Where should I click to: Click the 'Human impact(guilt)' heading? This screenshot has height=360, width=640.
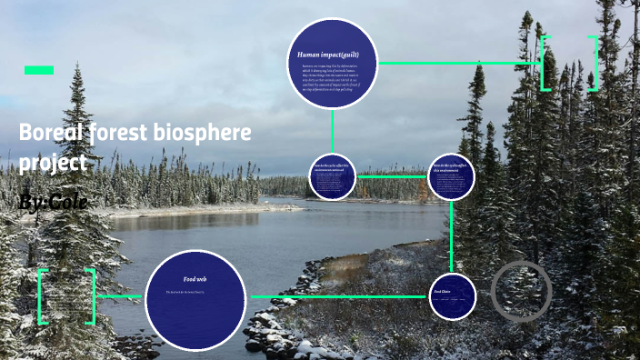tap(325, 55)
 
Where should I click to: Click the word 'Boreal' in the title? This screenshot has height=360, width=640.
tap(53, 134)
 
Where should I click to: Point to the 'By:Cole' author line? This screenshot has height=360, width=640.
tap(53, 202)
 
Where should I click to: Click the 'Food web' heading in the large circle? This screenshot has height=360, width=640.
tap(195, 278)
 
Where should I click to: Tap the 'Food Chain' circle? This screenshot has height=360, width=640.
tap(453, 296)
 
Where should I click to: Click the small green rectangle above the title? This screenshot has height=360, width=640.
tap(39, 70)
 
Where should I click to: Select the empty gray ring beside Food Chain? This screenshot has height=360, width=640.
tap(522, 292)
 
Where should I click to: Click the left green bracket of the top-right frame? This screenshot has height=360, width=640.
tap(544, 64)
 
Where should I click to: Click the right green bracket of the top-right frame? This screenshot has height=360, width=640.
tap(595, 64)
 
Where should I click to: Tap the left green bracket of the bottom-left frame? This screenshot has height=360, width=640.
tap(42, 296)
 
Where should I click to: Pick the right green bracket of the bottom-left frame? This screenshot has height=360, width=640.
tap(91, 296)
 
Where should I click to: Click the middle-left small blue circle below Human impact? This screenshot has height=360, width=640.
tap(332, 176)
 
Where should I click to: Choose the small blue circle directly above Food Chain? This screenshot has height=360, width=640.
tap(451, 176)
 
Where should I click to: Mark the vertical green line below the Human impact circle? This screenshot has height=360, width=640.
tap(333, 131)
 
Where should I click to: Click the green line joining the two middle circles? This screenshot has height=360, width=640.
tap(391, 176)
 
